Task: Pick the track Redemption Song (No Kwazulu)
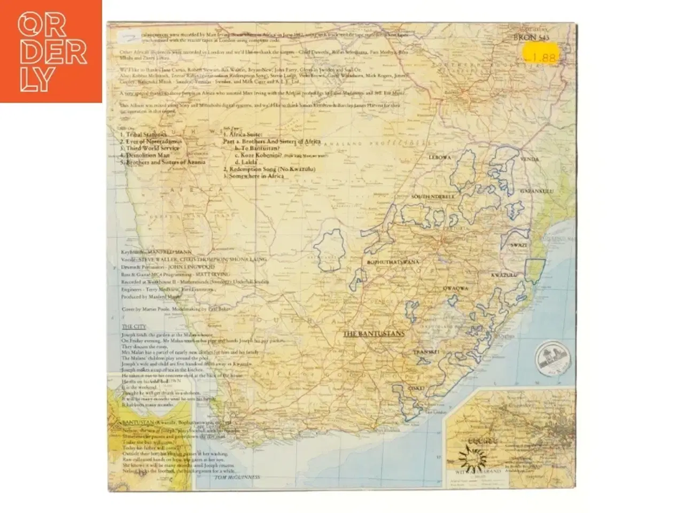pyautogui.click(x=269, y=169)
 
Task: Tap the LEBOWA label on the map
pyautogui.click(x=440, y=157)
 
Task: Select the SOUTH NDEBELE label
pyautogui.click(x=433, y=197)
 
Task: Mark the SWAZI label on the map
pyautogui.click(x=518, y=245)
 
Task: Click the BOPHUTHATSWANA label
pyautogui.click(x=393, y=262)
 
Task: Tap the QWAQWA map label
pyautogui.click(x=455, y=287)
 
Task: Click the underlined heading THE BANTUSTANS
pyautogui.click(x=373, y=334)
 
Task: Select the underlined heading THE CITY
pyautogui.click(x=134, y=327)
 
